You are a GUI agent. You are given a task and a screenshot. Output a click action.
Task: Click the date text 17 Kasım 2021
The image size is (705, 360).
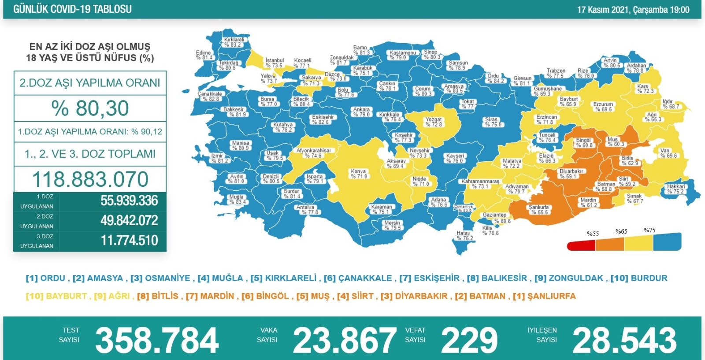click(x=603, y=9)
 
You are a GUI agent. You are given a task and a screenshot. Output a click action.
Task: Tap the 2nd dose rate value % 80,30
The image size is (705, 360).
click(x=90, y=108)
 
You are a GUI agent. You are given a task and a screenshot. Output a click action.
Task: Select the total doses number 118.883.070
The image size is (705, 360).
click(x=90, y=179)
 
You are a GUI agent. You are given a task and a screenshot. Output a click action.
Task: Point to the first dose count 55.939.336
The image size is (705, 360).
click(x=129, y=200)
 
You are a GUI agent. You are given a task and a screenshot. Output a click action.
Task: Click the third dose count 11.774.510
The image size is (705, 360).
click(x=129, y=240)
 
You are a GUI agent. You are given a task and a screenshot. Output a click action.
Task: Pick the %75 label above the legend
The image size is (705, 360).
click(x=649, y=230)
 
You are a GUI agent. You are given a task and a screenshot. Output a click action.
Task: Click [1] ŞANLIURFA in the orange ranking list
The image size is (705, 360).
click(x=544, y=296)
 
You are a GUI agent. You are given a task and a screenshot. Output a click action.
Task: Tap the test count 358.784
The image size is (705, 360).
click(x=156, y=341)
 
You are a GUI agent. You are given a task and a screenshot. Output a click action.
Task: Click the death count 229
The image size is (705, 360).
click(x=469, y=341)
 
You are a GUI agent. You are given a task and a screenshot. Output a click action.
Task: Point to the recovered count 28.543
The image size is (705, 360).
click(x=624, y=341)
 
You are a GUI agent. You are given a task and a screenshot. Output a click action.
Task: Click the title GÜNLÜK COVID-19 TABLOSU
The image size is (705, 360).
click(x=72, y=9)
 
